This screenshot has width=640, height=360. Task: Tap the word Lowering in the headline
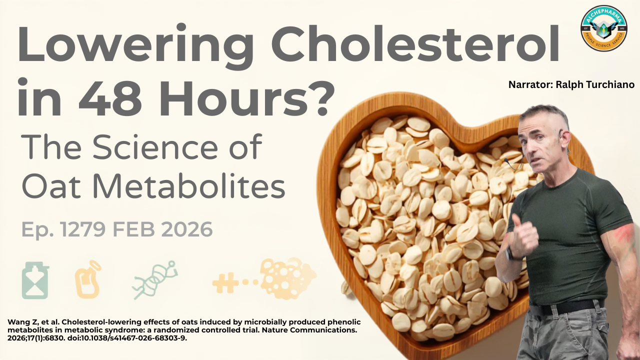136,46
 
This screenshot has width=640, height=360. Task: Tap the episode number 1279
83,229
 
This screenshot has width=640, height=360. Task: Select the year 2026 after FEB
184,229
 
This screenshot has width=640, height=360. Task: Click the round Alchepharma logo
604,28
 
